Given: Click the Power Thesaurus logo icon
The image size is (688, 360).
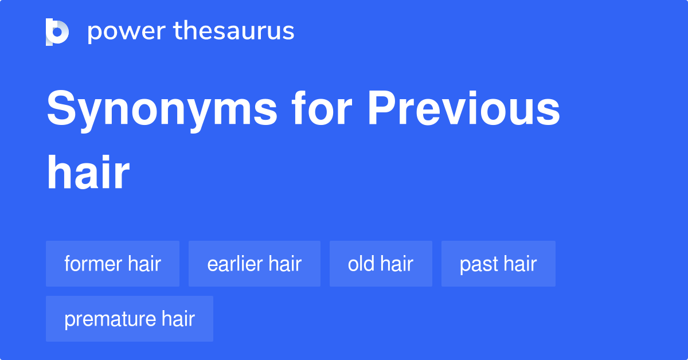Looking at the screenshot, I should (57, 32).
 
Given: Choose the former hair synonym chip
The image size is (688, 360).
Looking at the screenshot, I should (112, 264).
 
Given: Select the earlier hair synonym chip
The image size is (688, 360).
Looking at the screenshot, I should (254, 264).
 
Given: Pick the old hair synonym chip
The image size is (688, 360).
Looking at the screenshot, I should (381, 264).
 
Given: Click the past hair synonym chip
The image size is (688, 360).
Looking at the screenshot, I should (498, 264).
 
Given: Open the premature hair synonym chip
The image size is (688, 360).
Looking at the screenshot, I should (130, 319).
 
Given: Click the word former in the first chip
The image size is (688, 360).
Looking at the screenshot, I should (93, 264).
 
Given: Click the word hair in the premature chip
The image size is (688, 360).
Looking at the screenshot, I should (178, 319).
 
